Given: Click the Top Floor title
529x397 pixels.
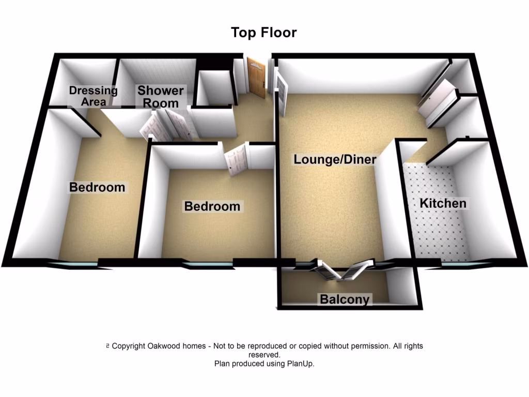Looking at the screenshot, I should pyautogui.click(x=263, y=33).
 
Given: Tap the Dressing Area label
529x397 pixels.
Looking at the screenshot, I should pyautogui.click(x=94, y=96).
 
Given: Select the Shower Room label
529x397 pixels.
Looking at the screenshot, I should pyautogui.click(x=161, y=97).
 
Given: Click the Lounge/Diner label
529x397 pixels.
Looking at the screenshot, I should pyautogui.click(x=335, y=159).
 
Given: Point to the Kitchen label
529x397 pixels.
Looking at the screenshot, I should pyautogui.click(x=443, y=204).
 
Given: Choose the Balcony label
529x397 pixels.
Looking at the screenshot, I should pyautogui.click(x=345, y=299).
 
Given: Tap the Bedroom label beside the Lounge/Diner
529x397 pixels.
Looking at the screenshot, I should pyautogui.click(x=212, y=207).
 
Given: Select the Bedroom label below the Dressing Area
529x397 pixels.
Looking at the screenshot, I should pyautogui.click(x=98, y=187).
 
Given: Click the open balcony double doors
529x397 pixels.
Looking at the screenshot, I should pyautogui.click(x=339, y=269).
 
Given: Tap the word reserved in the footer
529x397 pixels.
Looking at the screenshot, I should pyautogui.click(x=264, y=355).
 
